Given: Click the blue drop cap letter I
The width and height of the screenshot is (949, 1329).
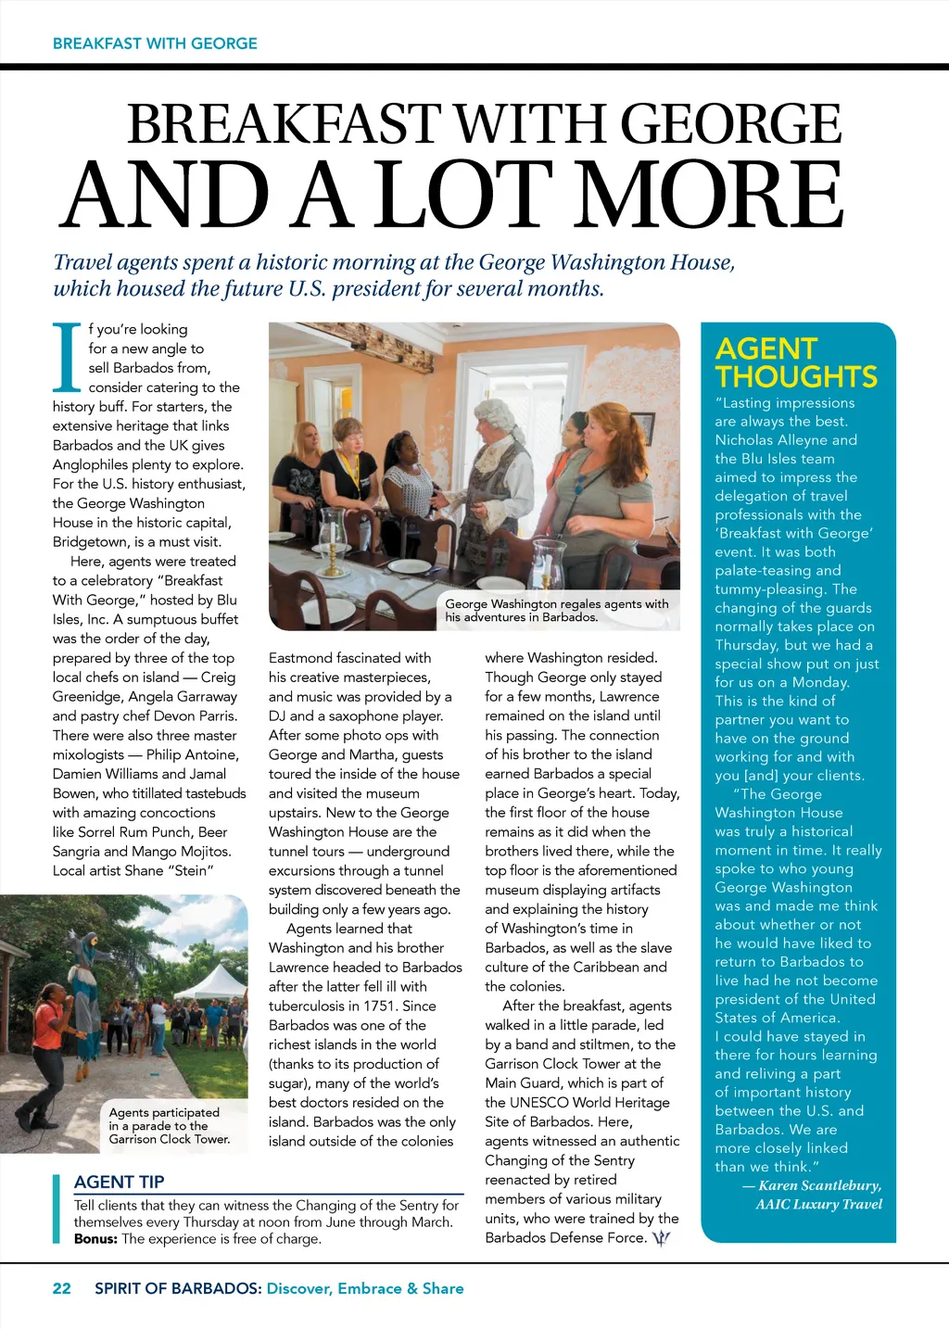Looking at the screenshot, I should coord(67,356).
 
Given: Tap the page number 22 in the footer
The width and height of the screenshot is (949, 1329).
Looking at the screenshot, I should coord(62,1288).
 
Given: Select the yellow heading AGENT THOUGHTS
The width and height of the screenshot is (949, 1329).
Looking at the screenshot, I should coord(795,362).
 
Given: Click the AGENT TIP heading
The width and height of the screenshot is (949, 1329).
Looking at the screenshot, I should coord(119,1182).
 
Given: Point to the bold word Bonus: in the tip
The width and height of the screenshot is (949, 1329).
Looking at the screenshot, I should coord(95,1238).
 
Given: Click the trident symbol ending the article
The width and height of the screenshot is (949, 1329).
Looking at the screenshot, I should coord(661,1238).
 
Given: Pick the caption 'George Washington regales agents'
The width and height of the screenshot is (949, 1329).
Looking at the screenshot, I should coord(556,610).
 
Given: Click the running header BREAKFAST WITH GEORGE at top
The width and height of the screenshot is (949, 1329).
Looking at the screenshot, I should coord(155,44).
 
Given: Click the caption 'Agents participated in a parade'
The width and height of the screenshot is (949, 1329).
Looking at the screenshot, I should coord(167,1125).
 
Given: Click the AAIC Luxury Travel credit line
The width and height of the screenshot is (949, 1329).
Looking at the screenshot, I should coord(818,1204).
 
